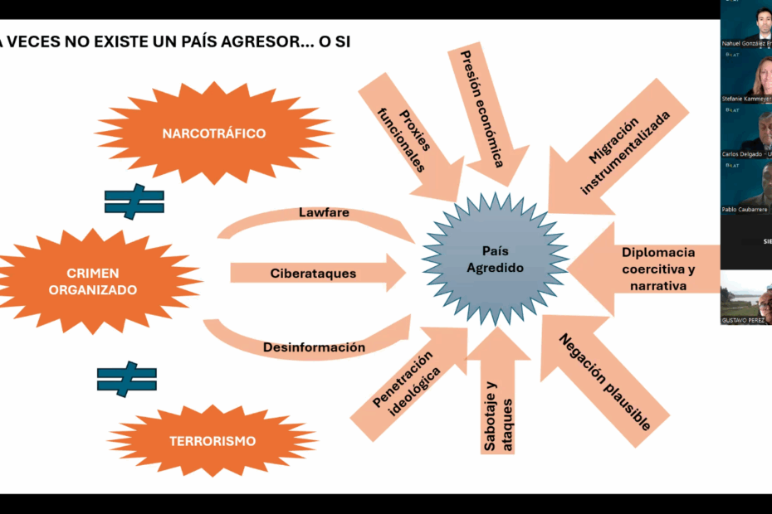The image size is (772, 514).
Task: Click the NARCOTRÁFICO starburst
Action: coord(213,133)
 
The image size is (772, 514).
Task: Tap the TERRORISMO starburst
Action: coord(213,441)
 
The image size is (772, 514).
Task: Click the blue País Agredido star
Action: coord(495,258)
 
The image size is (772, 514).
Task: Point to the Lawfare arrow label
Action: coord(324,213)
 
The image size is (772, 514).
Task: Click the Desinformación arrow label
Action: coord(314,347)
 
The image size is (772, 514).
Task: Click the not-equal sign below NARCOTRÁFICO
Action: coord(134,201)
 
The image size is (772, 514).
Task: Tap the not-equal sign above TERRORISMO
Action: coord(127,379)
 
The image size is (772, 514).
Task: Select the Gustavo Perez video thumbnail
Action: coord(746,298)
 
